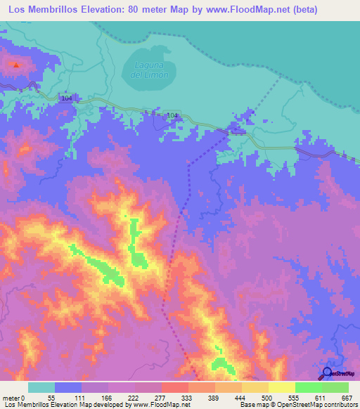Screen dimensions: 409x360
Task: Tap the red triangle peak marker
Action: [x=15, y=65]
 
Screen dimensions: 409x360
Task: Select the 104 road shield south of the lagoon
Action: [x=173, y=115]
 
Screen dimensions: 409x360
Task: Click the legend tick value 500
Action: [x=266, y=397]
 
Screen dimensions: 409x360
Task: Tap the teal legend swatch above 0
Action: [x=41, y=387]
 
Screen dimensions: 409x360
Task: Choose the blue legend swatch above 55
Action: [x=68, y=387]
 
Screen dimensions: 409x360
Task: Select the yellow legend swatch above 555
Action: [x=281, y=387]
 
